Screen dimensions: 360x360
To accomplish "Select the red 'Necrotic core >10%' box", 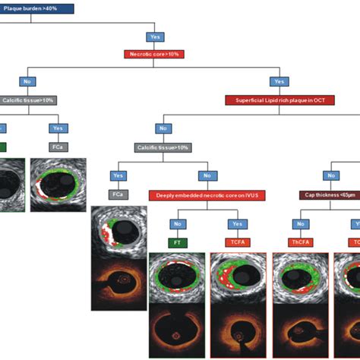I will [x=155, y=54].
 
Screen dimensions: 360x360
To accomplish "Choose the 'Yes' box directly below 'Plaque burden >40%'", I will [x=155, y=36].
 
